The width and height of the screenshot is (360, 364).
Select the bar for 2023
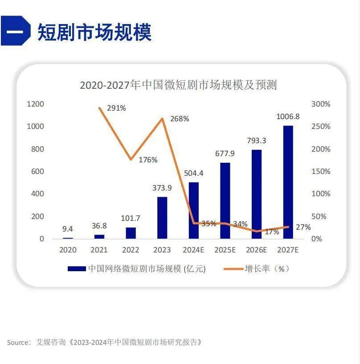tap(162, 218)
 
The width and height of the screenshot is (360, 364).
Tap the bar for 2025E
tap(225, 201)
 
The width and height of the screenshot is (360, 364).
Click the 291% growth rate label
tap(116, 108)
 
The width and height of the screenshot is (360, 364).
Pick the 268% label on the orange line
tap(180, 119)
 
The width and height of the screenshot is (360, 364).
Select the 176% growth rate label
tap(148, 160)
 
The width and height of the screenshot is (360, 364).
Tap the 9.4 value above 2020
tap(68, 229)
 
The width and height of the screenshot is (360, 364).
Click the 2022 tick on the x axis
tap(131, 250)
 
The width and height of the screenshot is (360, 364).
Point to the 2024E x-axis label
tap(193, 250)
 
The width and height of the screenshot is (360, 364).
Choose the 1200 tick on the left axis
tap(36, 104)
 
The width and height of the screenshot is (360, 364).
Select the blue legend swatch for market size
tap(76, 269)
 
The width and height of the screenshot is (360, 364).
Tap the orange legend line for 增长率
tap(232, 269)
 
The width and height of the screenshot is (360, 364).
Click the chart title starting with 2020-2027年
tap(178, 85)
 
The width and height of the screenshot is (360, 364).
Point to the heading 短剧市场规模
tap(94, 32)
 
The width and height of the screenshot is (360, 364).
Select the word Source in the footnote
tap(18, 342)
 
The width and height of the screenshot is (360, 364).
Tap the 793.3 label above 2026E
tap(256, 141)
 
